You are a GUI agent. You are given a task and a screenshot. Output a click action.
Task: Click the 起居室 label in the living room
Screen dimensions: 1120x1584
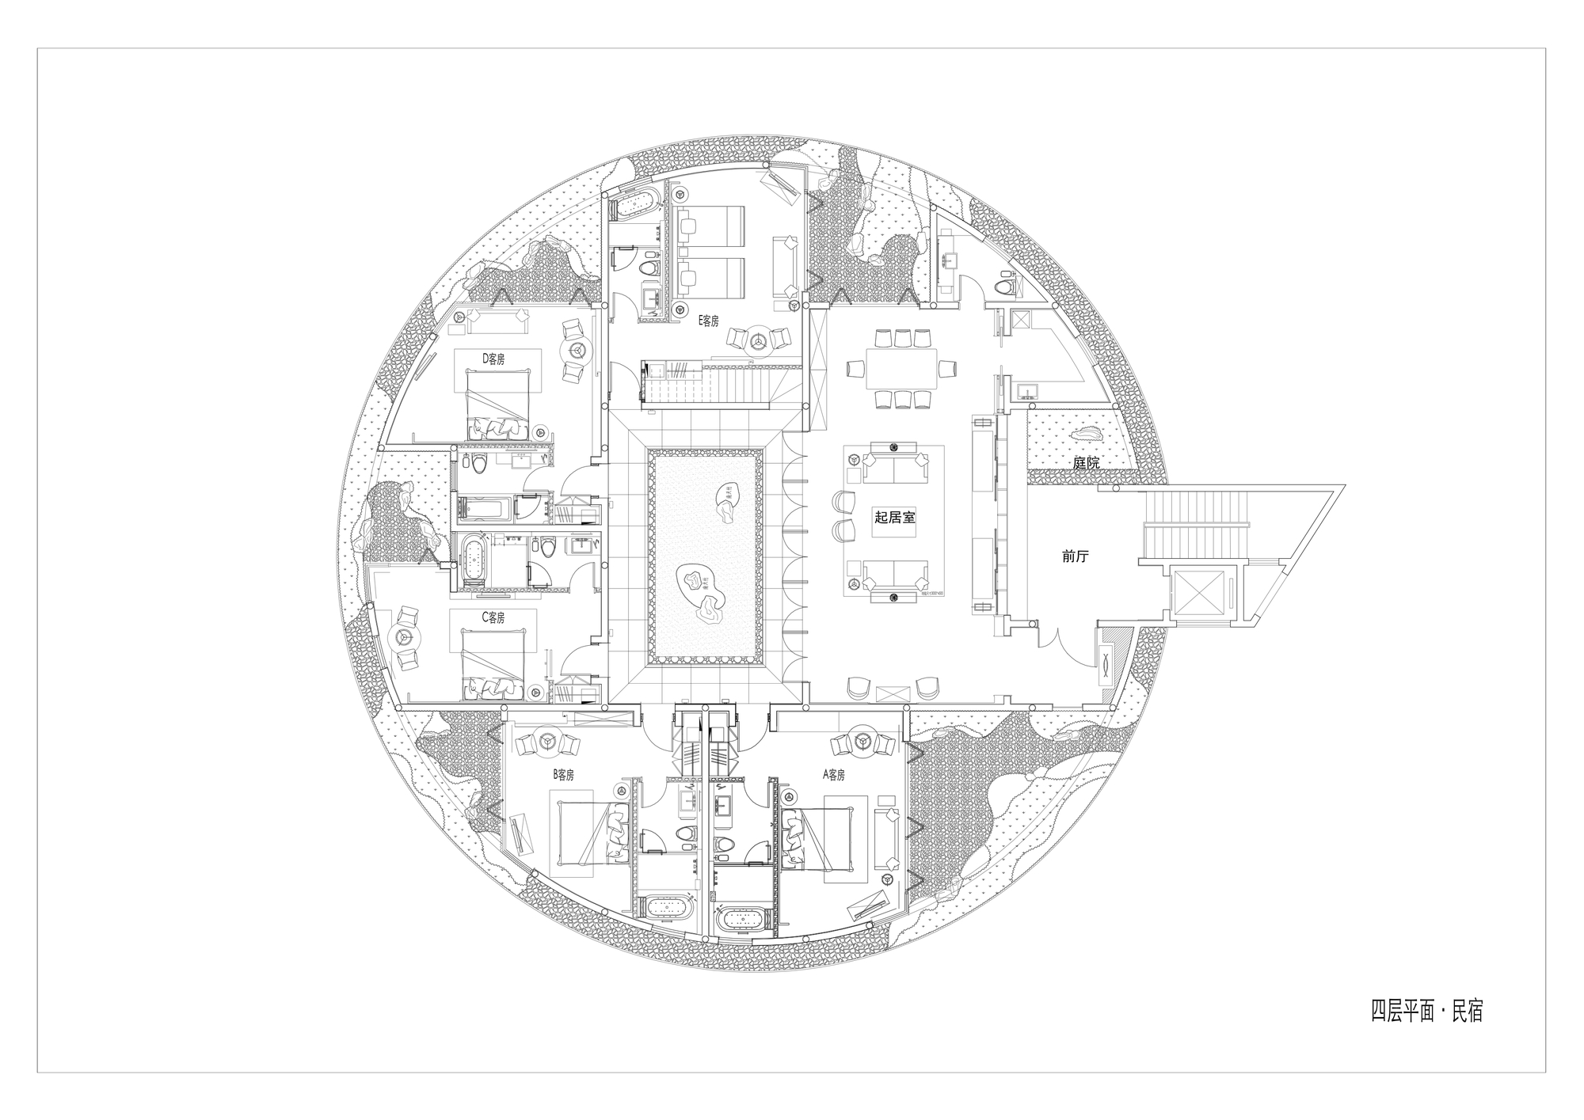894,517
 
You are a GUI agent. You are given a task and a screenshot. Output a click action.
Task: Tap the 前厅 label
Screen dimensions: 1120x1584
1075,556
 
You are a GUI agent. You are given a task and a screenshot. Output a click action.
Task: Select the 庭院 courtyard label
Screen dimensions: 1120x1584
1086,463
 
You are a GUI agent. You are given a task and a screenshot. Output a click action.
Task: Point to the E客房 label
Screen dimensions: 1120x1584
708,321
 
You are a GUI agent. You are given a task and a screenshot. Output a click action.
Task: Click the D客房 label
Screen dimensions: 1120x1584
493,359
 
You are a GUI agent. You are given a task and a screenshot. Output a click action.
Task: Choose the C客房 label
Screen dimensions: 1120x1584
493,617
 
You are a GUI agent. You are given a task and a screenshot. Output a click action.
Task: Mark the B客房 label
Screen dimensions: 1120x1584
562,775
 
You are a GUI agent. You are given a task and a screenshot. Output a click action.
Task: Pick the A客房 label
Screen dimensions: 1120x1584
834,775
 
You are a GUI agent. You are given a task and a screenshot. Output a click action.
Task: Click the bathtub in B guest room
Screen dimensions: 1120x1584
670,908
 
